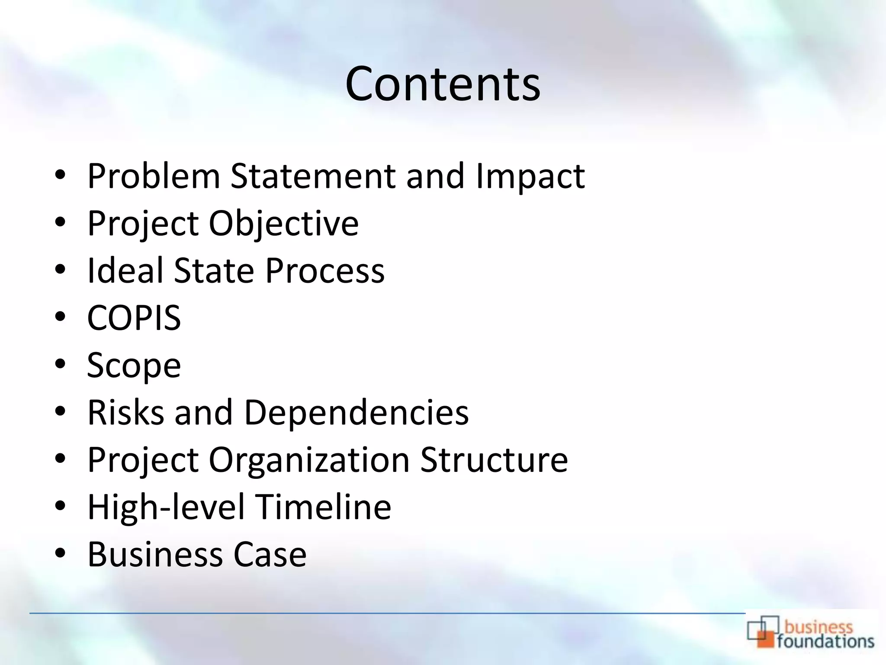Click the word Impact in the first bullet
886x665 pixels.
click(x=530, y=176)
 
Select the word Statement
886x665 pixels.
click(x=313, y=176)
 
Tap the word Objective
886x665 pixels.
click(x=284, y=224)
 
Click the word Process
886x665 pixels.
click(x=325, y=271)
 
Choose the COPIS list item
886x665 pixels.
click(x=134, y=318)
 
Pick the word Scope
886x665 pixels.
click(x=134, y=366)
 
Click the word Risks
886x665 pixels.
click(x=126, y=412)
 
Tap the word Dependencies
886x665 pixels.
click(x=356, y=412)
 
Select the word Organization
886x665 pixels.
click(x=309, y=459)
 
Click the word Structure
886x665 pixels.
click(x=494, y=459)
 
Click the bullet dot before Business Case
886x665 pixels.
click(x=60, y=553)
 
